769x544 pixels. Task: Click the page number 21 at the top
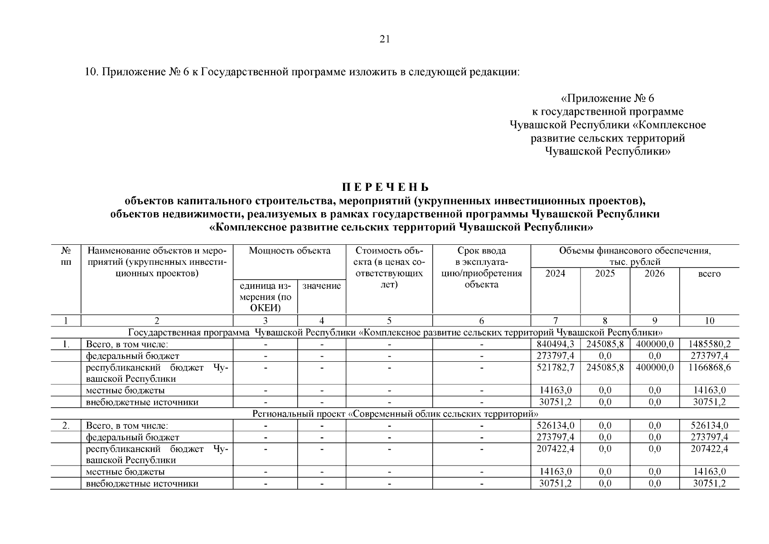pos(384,39)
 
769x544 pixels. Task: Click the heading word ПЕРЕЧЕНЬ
pos(385,187)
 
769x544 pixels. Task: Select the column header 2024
pos(555,273)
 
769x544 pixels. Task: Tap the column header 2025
pos(605,273)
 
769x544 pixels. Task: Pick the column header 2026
pos(654,273)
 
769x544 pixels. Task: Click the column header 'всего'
pos(709,274)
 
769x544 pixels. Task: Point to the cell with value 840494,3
pos(555,344)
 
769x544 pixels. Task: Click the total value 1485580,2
pos(709,344)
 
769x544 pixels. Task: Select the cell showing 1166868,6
pos(709,367)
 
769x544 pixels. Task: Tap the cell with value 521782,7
pos(555,367)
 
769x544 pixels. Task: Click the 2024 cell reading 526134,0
pos(555,426)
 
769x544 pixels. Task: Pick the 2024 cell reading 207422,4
pos(555,449)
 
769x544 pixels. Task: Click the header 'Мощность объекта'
pos(290,251)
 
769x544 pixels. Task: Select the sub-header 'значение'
pos(321,286)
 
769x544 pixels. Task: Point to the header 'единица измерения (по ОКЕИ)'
pos(266,297)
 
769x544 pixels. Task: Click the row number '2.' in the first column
pos(66,426)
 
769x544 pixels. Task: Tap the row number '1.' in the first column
pos(66,344)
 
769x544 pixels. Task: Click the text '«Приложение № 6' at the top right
pos(608,98)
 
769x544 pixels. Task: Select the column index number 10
pos(709,321)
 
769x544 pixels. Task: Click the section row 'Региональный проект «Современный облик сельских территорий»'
pos(395,414)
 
